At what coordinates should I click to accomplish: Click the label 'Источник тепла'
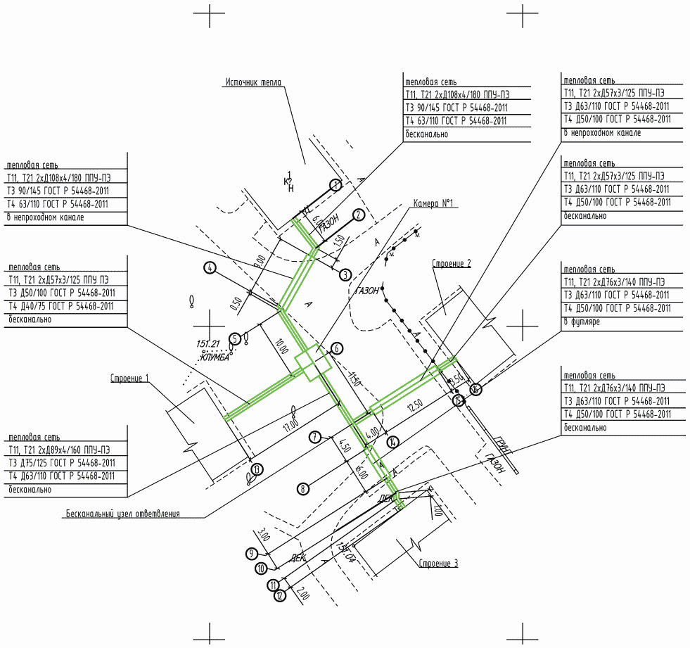click(253, 82)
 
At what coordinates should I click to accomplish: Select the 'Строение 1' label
click(129, 379)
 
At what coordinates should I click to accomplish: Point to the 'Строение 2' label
click(451, 263)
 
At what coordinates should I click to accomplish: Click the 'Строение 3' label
click(438, 563)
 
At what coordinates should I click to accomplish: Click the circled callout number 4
click(209, 267)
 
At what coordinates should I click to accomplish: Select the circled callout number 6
click(337, 348)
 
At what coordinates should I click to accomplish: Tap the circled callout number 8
click(303, 488)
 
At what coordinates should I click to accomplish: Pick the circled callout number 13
click(257, 469)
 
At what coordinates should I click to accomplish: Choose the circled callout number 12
click(279, 596)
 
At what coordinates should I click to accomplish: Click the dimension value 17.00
click(291, 424)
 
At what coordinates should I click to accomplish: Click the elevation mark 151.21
click(209, 345)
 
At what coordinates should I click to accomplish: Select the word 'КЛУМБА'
click(216, 357)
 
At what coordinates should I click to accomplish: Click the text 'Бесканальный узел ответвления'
click(123, 514)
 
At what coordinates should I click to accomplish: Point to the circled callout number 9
click(253, 554)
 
